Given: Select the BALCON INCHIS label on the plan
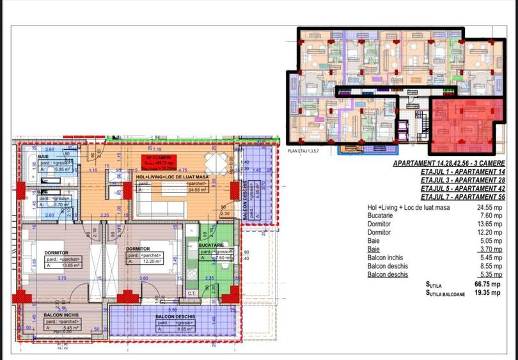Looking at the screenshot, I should pyautogui.click(x=61, y=316).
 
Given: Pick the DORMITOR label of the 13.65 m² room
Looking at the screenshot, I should pyautogui.click(x=56, y=253).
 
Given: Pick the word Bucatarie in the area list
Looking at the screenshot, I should pyautogui.click(x=382, y=216).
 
